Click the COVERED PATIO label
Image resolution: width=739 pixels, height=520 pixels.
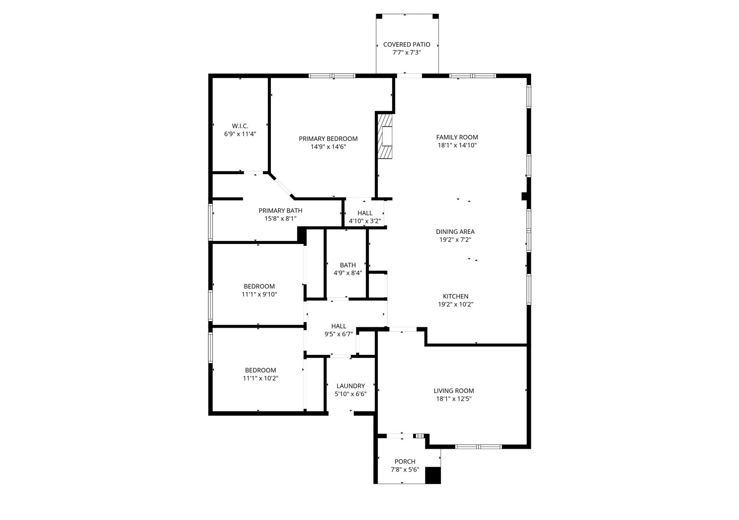point(407,44)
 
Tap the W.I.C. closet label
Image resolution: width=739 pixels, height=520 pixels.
point(240,126)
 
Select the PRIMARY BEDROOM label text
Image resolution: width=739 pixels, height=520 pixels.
point(328,139)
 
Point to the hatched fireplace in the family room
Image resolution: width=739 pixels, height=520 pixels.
point(385,136)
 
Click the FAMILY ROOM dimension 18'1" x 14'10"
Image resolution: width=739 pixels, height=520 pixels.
point(457,146)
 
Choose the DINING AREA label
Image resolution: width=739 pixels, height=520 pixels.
point(455,232)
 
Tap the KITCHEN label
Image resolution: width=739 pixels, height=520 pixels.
point(456,296)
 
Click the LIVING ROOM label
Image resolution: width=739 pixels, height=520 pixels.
point(454,391)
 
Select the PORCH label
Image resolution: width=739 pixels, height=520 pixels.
point(405,461)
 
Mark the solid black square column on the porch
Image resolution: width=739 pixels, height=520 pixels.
point(433,475)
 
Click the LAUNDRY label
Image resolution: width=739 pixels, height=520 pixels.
point(350,386)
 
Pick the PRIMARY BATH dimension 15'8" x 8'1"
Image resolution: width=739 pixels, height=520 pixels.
point(280,218)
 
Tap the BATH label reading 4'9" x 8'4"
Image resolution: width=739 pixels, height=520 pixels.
point(348,269)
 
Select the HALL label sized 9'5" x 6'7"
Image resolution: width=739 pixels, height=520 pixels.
point(338,330)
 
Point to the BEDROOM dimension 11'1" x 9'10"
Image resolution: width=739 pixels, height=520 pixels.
point(259,294)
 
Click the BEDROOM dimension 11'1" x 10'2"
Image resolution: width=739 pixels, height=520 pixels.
point(261,378)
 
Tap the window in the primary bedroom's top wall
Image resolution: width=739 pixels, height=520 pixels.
point(332,76)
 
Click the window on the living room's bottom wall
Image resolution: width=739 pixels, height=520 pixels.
point(478,447)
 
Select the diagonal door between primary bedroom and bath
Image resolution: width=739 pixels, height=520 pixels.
point(282,187)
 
